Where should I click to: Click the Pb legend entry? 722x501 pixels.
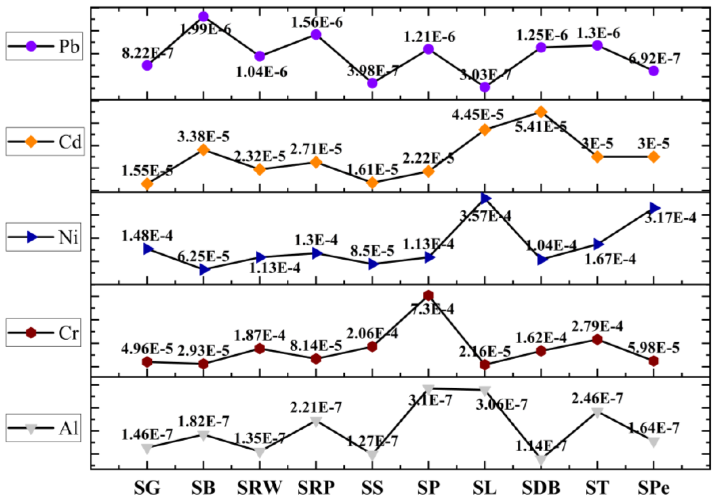pos(44,47)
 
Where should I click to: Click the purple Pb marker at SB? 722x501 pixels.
pos(203,16)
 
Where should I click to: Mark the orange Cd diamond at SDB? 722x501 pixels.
pos(541,112)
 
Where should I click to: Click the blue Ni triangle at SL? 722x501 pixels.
pos(485,198)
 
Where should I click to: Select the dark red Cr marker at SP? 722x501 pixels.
pos(428,295)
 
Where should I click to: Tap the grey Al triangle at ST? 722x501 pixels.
pos(597,412)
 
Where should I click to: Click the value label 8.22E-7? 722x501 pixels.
pos(147,53)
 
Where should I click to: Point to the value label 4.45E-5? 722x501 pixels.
pos(478,114)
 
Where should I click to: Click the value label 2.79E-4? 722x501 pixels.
pos(597,327)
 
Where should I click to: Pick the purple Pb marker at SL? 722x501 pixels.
pos(485,87)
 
